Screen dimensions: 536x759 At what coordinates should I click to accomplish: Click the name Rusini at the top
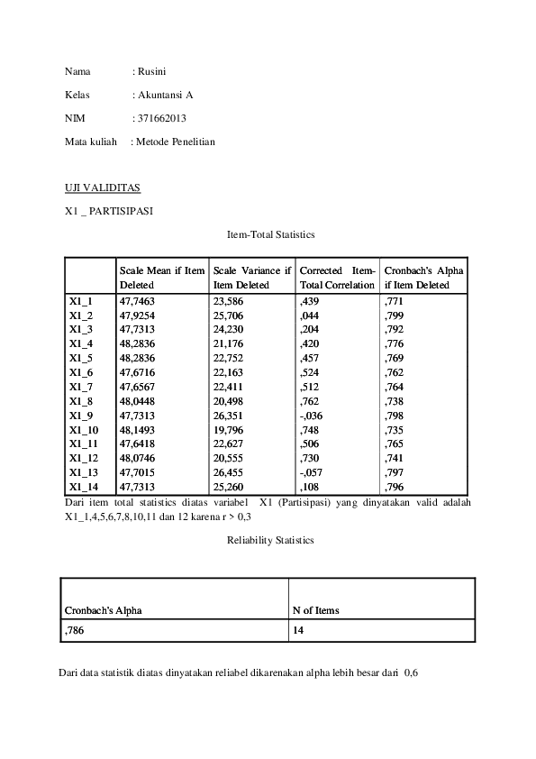[x=152, y=71]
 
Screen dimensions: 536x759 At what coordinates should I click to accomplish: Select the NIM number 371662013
[x=160, y=118]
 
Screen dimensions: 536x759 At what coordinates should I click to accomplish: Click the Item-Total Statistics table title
[x=270, y=234]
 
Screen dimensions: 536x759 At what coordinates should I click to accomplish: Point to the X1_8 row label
[x=81, y=400]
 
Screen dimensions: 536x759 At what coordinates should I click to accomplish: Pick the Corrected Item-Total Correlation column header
[x=337, y=278]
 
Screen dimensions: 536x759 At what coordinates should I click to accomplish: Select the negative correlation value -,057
[x=312, y=471]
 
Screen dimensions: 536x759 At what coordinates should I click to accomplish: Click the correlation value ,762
[x=309, y=400]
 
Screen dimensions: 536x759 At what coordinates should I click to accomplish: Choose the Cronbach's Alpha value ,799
[x=394, y=315]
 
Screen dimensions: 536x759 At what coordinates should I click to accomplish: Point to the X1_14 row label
[x=83, y=486]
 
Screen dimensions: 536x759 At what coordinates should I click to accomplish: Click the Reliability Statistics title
[x=270, y=541]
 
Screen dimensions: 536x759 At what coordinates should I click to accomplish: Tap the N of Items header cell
[x=315, y=610]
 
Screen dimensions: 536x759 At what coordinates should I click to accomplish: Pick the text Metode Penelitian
[x=177, y=142]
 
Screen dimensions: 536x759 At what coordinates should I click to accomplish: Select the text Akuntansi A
[x=166, y=95]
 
